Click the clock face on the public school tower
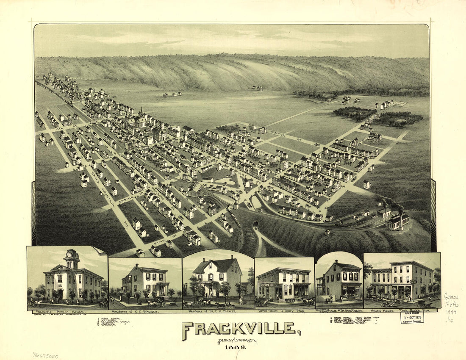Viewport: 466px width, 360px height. click(71, 256)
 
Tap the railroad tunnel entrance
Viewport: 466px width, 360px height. click(255, 224)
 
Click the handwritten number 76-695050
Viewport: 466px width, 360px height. click(45, 356)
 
